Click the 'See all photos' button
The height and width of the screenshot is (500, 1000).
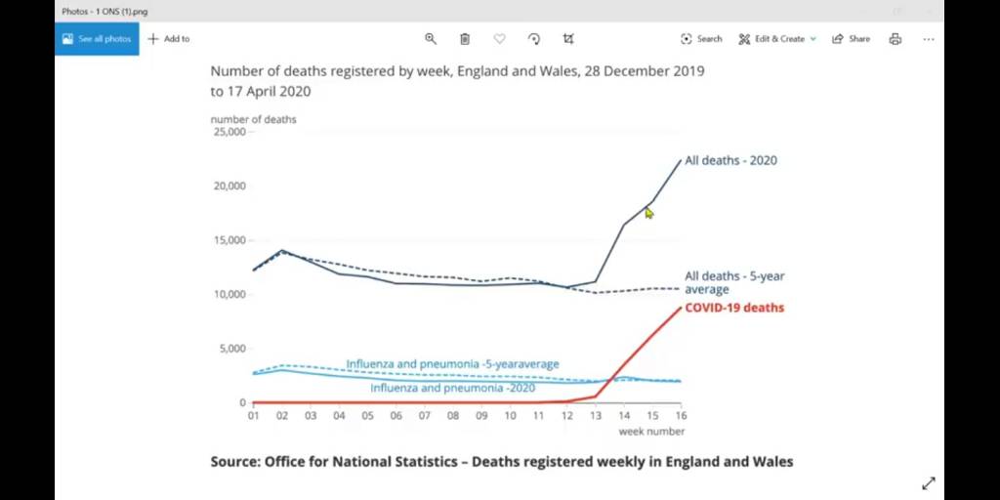[97, 39]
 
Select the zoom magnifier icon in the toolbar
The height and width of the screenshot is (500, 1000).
[431, 39]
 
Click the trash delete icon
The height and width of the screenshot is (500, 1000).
[465, 39]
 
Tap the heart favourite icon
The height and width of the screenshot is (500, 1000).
[499, 39]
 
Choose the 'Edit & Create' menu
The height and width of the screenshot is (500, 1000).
[777, 39]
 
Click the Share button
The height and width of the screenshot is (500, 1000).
[851, 39]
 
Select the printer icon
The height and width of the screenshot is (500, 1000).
[896, 39]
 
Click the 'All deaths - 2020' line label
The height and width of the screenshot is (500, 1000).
[730, 160]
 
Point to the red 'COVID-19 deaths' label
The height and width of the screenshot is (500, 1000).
[733, 308]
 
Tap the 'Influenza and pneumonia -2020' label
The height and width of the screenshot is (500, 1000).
[452, 388]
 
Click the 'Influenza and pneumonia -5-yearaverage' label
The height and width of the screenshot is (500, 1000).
[452, 364]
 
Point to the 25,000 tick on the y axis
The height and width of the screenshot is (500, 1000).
[229, 132]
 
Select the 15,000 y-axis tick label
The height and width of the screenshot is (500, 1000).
[229, 240]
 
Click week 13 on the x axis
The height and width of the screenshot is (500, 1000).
[596, 415]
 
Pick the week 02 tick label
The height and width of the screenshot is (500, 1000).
[282, 415]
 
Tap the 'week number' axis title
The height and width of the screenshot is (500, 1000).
[651, 431]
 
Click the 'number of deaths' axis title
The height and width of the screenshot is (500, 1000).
[253, 119]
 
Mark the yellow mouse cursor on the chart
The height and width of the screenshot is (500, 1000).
[649, 213]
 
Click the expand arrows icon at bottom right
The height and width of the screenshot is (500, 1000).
[929, 483]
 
